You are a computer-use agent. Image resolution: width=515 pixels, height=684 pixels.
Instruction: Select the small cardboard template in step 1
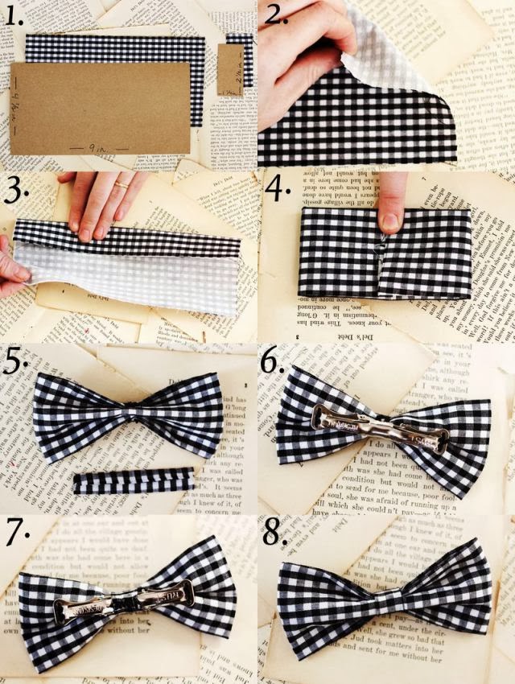click(x=230, y=70)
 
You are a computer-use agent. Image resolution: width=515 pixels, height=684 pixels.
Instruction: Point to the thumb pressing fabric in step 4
click(x=392, y=207)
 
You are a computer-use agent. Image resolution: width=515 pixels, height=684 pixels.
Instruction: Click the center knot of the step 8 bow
click(x=387, y=600)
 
